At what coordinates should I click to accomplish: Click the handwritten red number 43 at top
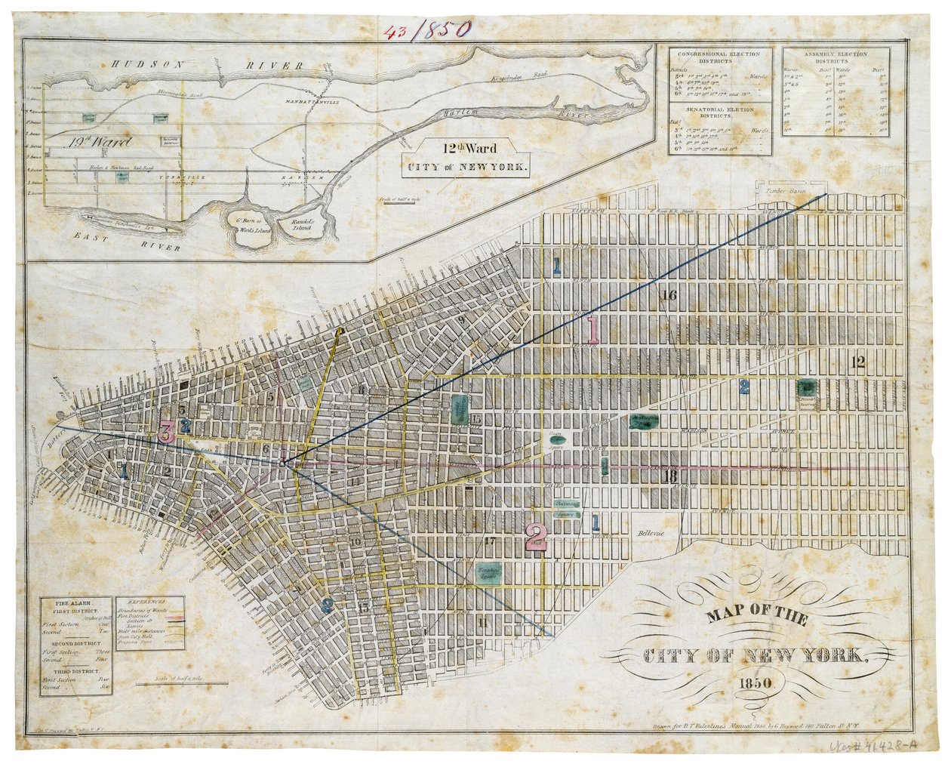(x=397, y=30)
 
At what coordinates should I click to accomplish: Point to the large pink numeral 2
(x=537, y=535)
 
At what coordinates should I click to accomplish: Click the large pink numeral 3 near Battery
(x=167, y=432)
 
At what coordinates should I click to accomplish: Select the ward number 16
(x=667, y=295)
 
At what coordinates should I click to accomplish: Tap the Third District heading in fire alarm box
(x=75, y=670)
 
